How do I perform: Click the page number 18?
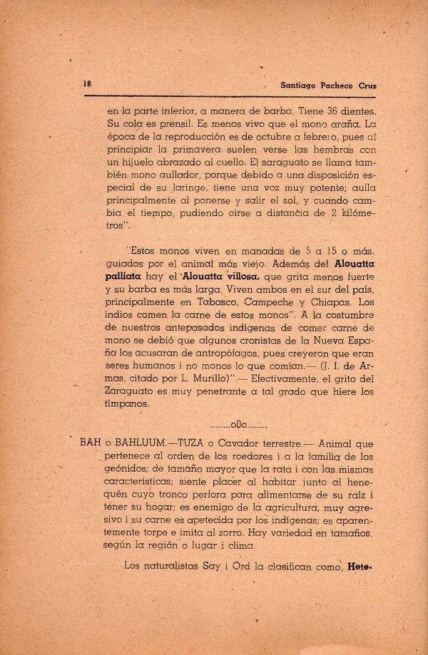point(87,83)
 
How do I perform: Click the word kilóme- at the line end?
point(353,212)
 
